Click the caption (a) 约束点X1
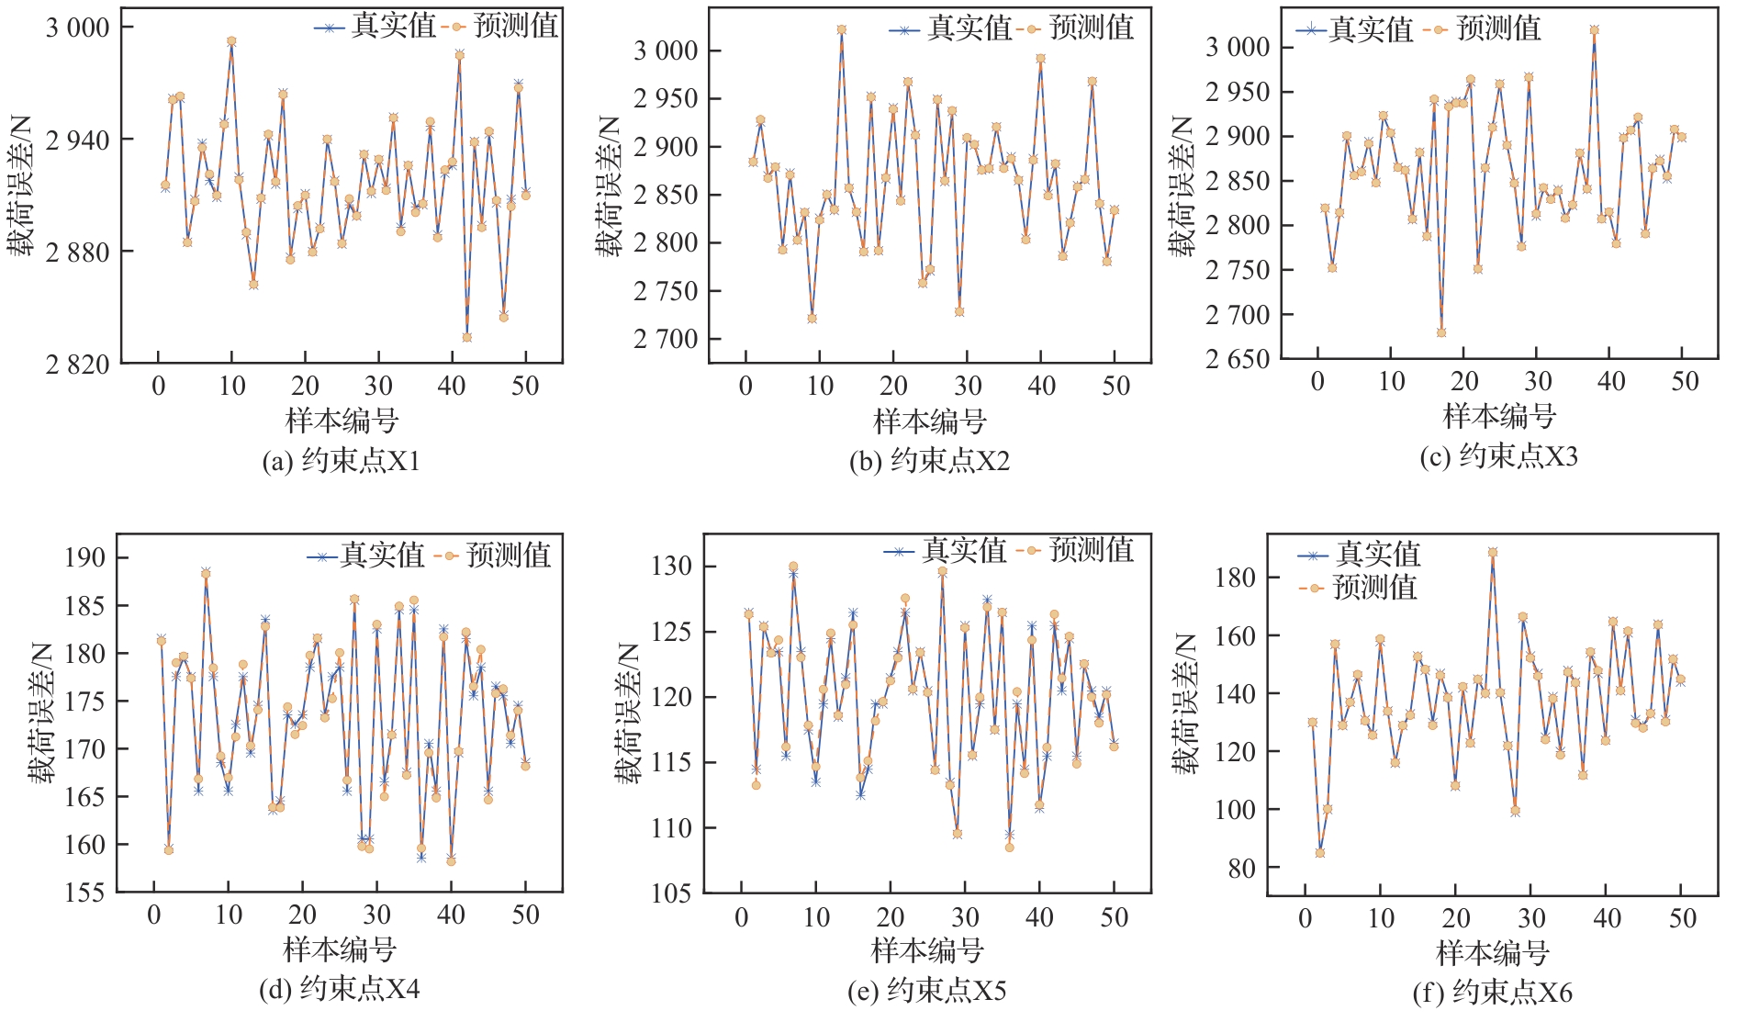[x=341, y=461]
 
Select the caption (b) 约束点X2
[x=929, y=461]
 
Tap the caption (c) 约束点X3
[x=1498, y=456]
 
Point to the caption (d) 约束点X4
[x=339, y=989]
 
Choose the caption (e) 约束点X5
[x=926, y=991]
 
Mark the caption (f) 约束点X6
[x=1492, y=993]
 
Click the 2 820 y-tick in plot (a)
[x=77, y=365]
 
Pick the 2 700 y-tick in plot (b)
[x=666, y=339]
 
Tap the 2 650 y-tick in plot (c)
[x=1237, y=359]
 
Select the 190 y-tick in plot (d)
[x=84, y=557]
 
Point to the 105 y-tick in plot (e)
[x=672, y=893]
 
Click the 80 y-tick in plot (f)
[x=1240, y=868]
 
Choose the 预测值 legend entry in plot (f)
[x=1359, y=588]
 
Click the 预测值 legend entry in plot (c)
[x=1482, y=29]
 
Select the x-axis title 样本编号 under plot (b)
[x=929, y=421]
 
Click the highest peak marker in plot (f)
[x=1493, y=553]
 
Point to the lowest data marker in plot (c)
[x=1441, y=332]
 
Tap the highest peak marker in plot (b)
[x=842, y=29]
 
